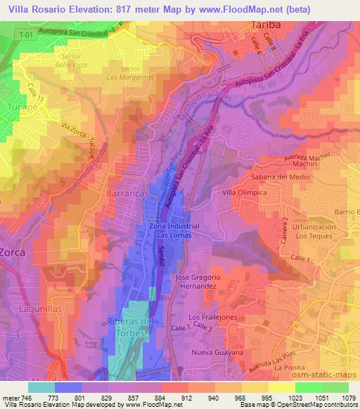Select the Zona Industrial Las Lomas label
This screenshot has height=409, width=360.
tap(174, 231)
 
